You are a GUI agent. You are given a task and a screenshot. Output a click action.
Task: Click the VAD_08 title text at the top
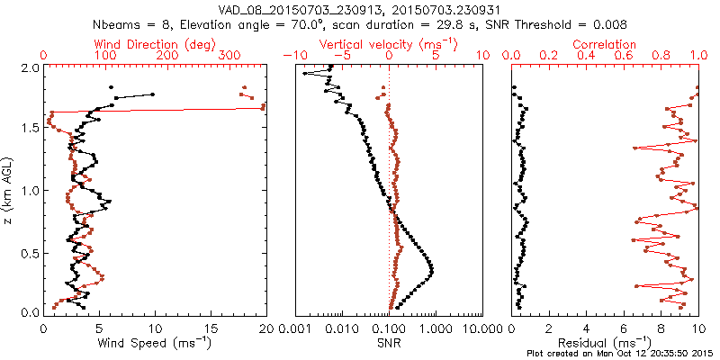[x=360, y=9]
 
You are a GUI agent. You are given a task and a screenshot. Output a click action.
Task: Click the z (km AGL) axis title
[x=9, y=190]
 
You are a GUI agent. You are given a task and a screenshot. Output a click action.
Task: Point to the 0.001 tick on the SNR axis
[x=295, y=328]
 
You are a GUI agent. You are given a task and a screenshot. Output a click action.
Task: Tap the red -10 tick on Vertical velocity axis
[x=292, y=55]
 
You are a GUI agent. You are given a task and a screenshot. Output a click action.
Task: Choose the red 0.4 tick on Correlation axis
[x=587, y=55]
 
